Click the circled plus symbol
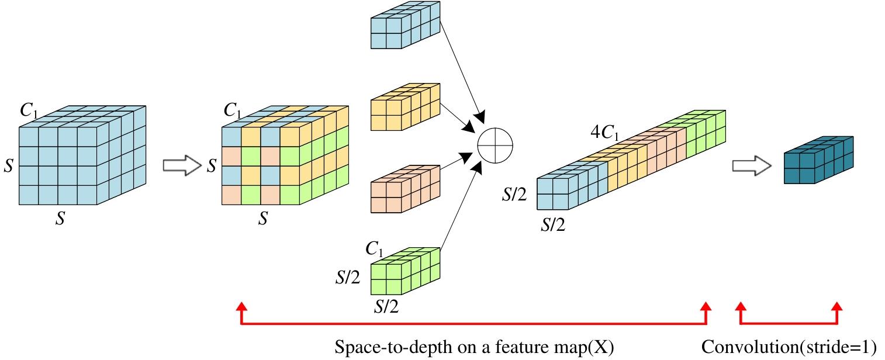pos(495,144)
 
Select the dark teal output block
pos(818,160)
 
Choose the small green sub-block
pos(405,270)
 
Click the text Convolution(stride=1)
pos(789,347)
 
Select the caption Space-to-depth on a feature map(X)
pos(474,347)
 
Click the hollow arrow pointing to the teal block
pos(751,166)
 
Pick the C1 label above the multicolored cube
pos(232,110)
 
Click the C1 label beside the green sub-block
pos(374,250)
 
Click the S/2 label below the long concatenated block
pos(553,226)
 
